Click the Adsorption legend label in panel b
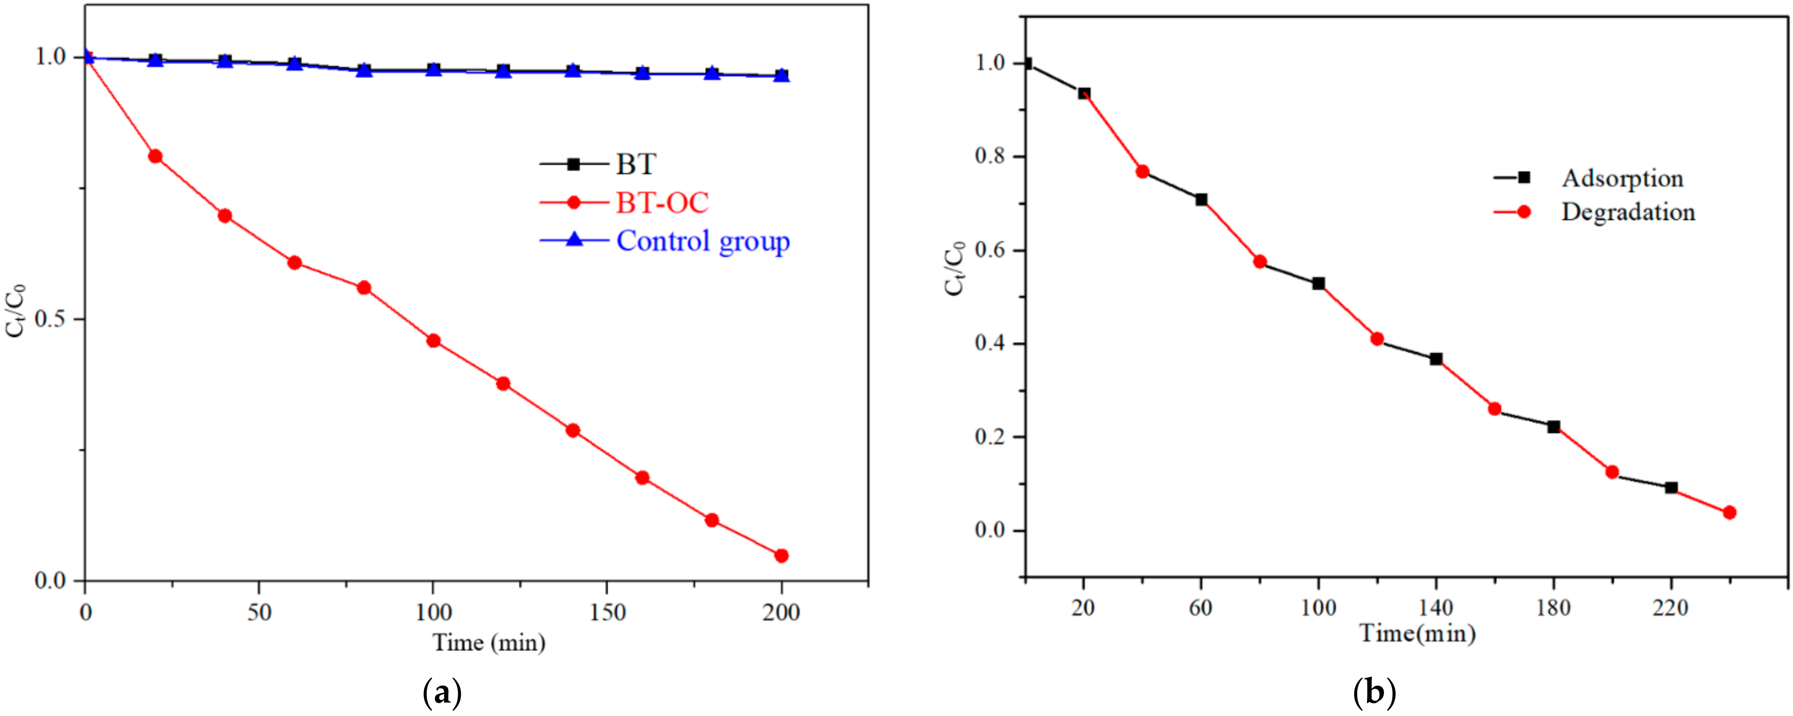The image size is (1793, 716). (1622, 178)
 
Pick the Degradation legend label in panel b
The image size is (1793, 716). (1628, 212)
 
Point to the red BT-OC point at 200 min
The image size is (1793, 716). (781, 555)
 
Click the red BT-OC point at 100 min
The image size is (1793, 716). (433, 340)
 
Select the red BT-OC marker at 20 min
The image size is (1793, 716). (155, 156)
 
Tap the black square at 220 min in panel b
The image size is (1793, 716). (1671, 488)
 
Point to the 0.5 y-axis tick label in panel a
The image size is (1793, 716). (50, 319)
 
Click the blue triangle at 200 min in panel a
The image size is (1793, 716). (781, 75)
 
